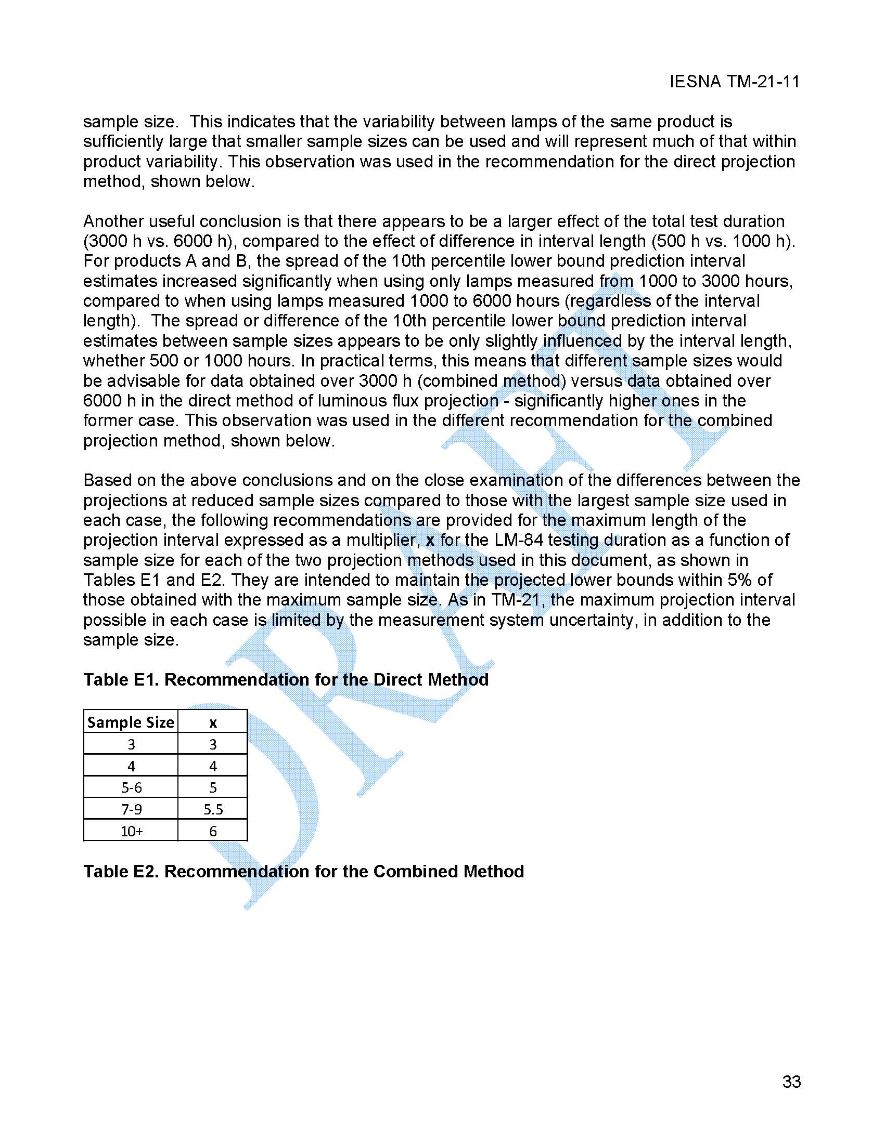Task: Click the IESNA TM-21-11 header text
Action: click(734, 82)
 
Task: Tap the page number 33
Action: click(791, 1082)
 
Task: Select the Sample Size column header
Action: click(131, 722)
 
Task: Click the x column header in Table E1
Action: click(213, 723)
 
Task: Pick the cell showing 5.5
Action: click(213, 809)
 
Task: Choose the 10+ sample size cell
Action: click(131, 831)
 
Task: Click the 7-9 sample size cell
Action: click(131, 809)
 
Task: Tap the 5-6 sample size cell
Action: click(131, 787)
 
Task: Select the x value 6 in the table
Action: click(213, 831)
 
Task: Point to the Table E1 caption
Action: click(286, 679)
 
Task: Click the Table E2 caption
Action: click(303, 871)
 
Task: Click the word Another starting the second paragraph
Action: click(113, 221)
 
